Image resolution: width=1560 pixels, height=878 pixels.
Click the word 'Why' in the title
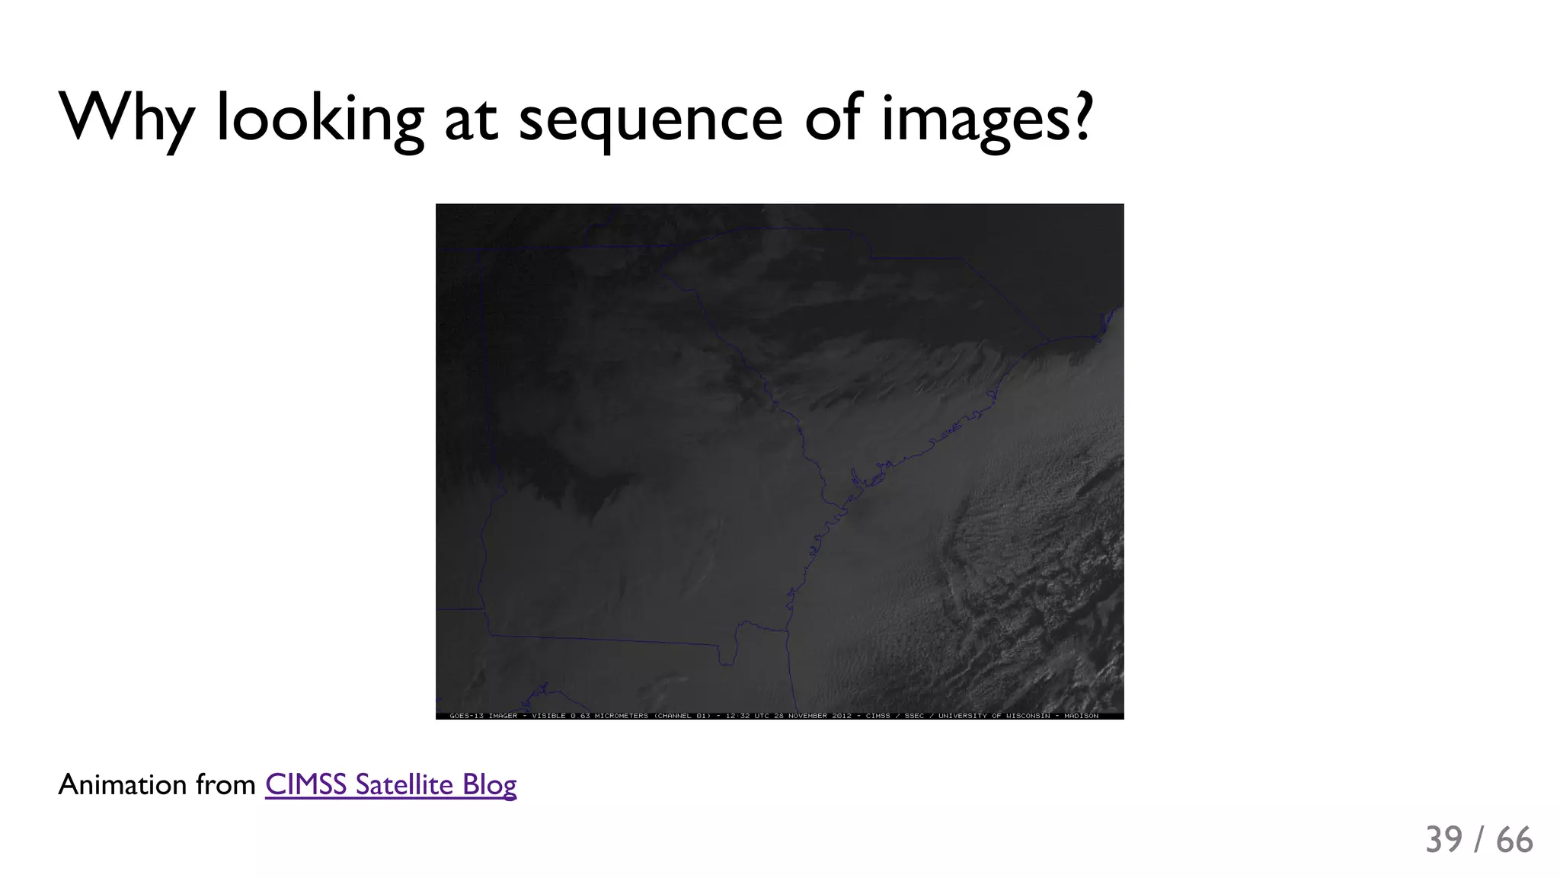(x=126, y=118)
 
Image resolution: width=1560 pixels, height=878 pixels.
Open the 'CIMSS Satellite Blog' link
(x=391, y=784)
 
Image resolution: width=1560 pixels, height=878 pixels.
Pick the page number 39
(x=1443, y=840)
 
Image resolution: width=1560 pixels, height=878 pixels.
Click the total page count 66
(x=1514, y=840)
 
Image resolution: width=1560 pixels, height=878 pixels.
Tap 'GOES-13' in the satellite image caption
(x=465, y=716)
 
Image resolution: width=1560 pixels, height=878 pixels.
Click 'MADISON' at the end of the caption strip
(x=1081, y=716)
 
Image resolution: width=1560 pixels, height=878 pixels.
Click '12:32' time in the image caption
(x=737, y=716)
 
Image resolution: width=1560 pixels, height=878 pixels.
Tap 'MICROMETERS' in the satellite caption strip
(x=621, y=716)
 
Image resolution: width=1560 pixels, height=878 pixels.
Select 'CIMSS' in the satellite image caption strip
(x=877, y=716)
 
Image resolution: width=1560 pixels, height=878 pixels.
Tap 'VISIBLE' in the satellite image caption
(x=548, y=716)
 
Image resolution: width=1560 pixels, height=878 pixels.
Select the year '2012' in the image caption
(x=842, y=716)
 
